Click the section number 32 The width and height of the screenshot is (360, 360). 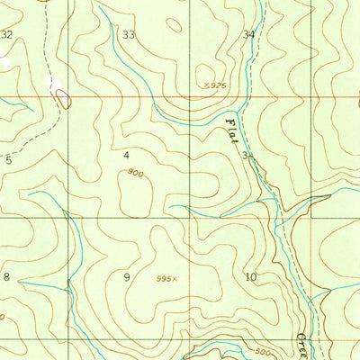tap(7, 34)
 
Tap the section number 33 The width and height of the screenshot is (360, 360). tap(129, 35)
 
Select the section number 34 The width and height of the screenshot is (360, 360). tap(248, 35)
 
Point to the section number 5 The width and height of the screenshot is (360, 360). tap(8, 159)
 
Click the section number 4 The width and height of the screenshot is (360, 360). tap(127, 155)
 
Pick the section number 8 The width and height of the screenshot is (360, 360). tap(7, 276)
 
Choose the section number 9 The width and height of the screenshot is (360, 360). tap(127, 276)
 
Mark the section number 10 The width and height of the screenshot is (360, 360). tap(250, 277)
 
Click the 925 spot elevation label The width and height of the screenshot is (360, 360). tap(217, 85)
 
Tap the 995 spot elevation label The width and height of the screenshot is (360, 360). tap(164, 278)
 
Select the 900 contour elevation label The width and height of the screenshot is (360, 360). tap(134, 172)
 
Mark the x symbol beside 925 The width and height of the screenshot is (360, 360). tap(206, 85)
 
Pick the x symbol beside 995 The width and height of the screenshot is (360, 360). tap(176, 278)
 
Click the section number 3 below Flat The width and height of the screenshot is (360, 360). tap(245, 156)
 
